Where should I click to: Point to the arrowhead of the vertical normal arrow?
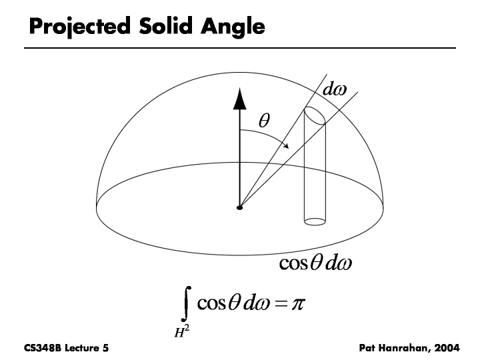pyautogui.click(x=239, y=99)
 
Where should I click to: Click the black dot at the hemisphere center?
pyautogui.click(x=239, y=208)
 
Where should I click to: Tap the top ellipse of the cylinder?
pyautogui.click(x=315, y=115)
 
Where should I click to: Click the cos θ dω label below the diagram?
pyautogui.click(x=315, y=264)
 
